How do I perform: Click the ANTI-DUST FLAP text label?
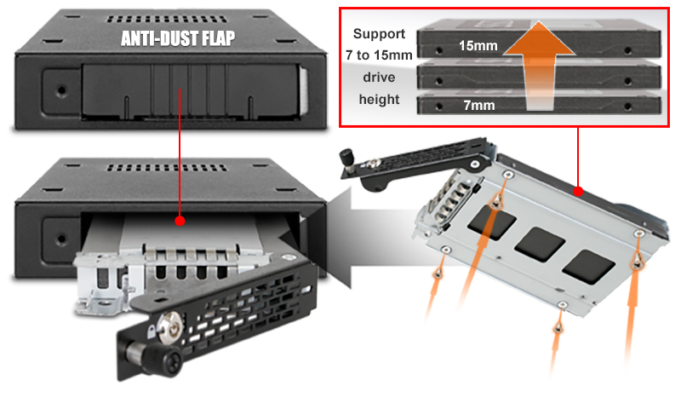point(178,38)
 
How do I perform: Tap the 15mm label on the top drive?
point(478,46)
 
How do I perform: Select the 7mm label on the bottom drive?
point(479,105)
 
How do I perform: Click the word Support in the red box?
point(379,34)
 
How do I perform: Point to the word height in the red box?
point(379,100)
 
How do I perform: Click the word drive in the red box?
point(379,78)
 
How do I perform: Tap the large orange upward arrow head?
point(539,39)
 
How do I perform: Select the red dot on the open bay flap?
point(180,221)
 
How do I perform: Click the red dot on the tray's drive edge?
point(578,191)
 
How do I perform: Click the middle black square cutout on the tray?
point(540,245)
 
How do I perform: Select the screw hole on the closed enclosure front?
point(61,91)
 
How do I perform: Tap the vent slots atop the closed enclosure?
point(167,19)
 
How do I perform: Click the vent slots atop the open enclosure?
point(167,167)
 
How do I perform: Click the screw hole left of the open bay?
point(61,239)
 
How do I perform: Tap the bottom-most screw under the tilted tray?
point(558,327)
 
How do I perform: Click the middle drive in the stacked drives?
point(539,77)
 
